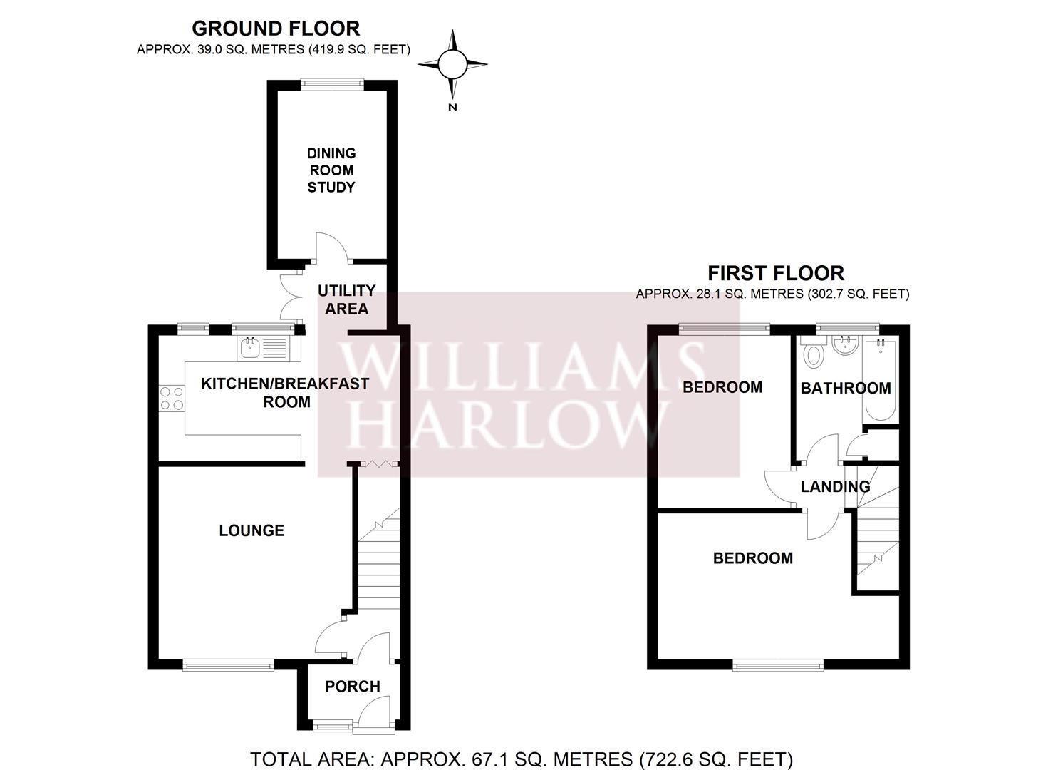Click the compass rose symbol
452,64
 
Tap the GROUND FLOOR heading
276,29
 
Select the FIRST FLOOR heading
775,273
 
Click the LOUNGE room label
251,530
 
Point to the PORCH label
353,687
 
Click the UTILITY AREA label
346,299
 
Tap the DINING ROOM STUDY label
331,170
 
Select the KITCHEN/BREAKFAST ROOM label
285,392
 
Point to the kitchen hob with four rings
171,398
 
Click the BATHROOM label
846,388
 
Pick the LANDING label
835,486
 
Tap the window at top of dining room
332,83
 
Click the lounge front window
228,666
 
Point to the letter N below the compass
452,108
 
